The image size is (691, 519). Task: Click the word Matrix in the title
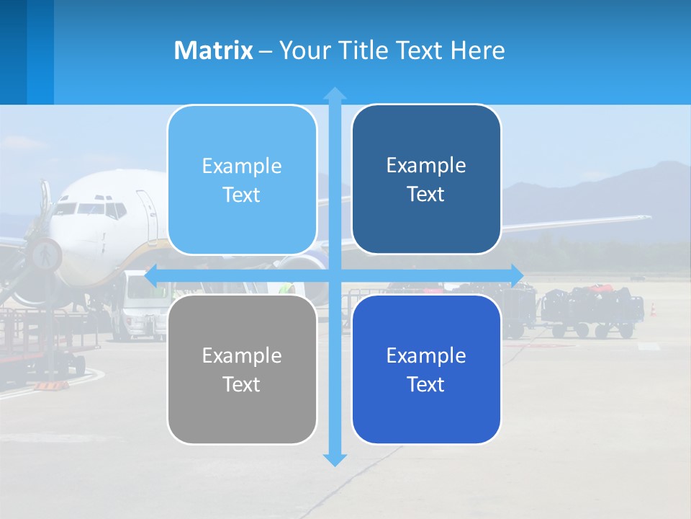click(213, 50)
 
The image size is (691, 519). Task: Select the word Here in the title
click(478, 50)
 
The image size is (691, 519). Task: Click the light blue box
click(242, 179)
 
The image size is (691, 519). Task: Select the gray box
click(242, 369)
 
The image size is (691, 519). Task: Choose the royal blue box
click(426, 369)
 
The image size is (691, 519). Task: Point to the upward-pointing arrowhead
click(334, 93)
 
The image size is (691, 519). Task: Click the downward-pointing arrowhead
click(334, 460)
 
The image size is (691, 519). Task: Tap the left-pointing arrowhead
click(152, 275)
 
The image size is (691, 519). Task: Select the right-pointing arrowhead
click(517, 275)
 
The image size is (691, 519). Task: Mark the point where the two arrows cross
click(334, 275)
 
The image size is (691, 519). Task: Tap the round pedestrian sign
click(45, 254)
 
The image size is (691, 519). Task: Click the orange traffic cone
click(654, 309)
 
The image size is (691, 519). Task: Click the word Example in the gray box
click(242, 355)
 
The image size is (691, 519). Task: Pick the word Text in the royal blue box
click(426, 384)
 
